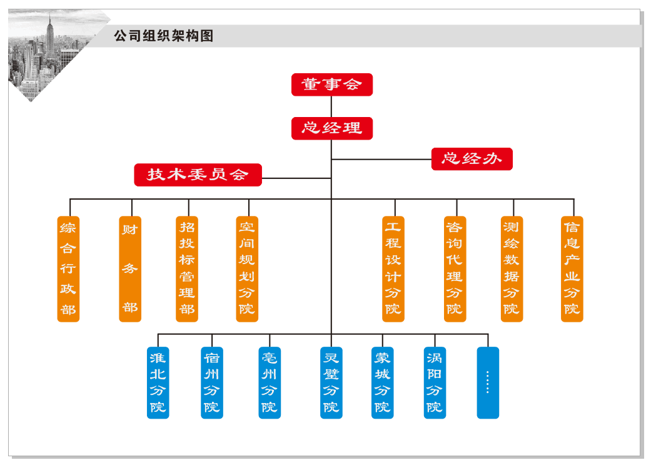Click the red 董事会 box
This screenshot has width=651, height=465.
(x=331, y=84)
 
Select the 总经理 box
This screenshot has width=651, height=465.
(x=331, y=128)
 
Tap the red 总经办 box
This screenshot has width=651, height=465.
(x=472, y=159)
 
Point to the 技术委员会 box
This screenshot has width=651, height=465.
(x=198, y=175)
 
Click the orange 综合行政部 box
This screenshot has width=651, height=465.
(x=68, y=269)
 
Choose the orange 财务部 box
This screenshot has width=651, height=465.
(x=130, y=269)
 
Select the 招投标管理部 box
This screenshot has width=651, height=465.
(x=187, y=269)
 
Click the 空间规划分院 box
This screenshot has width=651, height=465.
(x=247, y=269)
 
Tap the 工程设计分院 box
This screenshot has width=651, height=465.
(x=393, y=269)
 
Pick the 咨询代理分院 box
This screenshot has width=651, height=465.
(x=455, y=269)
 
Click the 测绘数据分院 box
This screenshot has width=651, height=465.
(x=512, y=269)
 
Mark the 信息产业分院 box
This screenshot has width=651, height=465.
(x=572, y=269)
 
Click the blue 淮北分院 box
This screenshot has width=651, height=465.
(x=158, y=382)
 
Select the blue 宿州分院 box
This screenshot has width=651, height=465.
(x=211, y=382)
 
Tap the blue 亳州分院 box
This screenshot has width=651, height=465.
(x=270, y=382)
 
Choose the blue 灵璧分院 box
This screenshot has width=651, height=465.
(x=331, y=382)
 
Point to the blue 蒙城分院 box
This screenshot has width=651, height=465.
(x=382, y=382)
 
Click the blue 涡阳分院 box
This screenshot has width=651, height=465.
(x=434, y=382)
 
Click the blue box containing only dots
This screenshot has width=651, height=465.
(x=488, y=382)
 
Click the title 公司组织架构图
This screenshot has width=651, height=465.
(x=163, y=36)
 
